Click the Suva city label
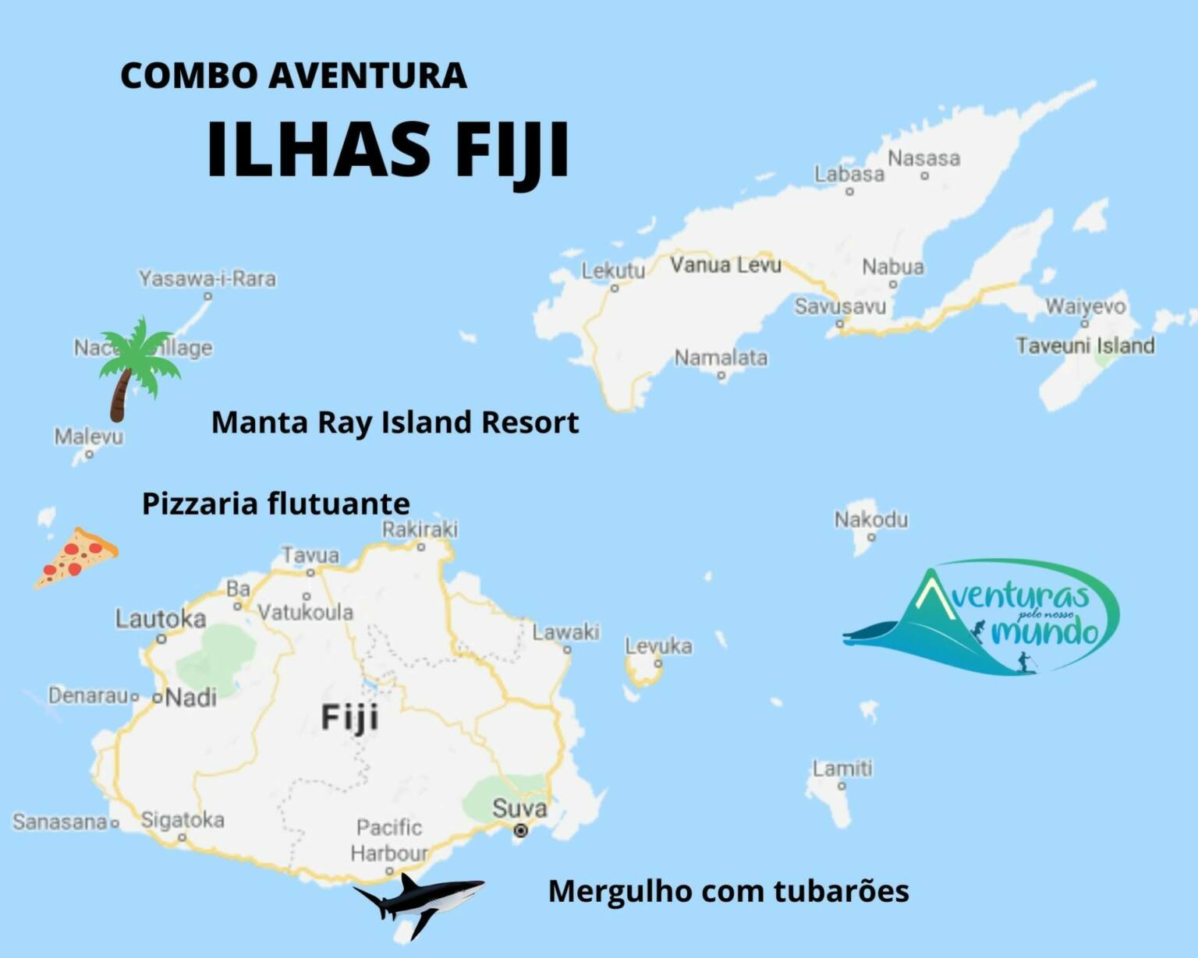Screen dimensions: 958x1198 519,808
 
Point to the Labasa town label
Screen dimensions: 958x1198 849,174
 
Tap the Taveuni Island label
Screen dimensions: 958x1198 1085,345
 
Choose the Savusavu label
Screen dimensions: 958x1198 840,306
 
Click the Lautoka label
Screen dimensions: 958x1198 161,619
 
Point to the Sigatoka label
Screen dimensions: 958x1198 183,820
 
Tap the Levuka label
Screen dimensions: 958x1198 658,646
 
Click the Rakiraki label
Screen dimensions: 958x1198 420,529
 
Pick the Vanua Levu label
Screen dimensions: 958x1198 725,265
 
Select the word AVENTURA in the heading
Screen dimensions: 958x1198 367,76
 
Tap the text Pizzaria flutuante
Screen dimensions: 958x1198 275,504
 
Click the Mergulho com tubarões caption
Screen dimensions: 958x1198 728,890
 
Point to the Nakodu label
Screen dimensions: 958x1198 871,519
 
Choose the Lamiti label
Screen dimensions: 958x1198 842,769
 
